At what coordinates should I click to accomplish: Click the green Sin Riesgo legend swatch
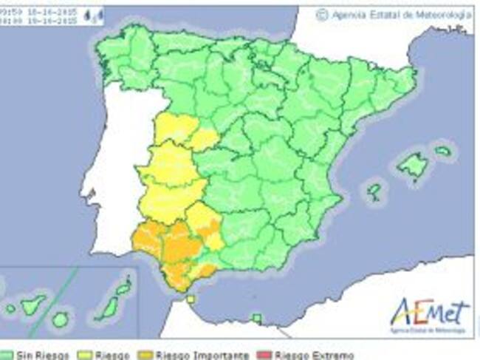pyautogui.click(x=6, y=356)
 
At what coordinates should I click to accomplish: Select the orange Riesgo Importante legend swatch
pyautogui.click(x=147, y=356)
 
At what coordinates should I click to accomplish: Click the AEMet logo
pyautogui.click(x=429, y=313)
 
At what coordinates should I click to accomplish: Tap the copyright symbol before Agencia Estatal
pyautogui.click(x=321, y=14)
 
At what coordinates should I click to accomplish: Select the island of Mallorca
pyautogui.click(x=412, y=164)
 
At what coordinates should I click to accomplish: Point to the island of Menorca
pyautogui.click(x=442, y=152)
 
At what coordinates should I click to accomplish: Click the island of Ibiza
pyautogui.click(x=374, y=192)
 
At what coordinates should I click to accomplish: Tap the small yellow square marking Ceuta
pyautogui.click(x=191, y=299)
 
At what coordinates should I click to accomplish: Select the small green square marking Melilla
pyautogui.click(x=256, y=319)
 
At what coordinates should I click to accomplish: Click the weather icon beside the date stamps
pyautogui.click(x=93, y=16)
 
